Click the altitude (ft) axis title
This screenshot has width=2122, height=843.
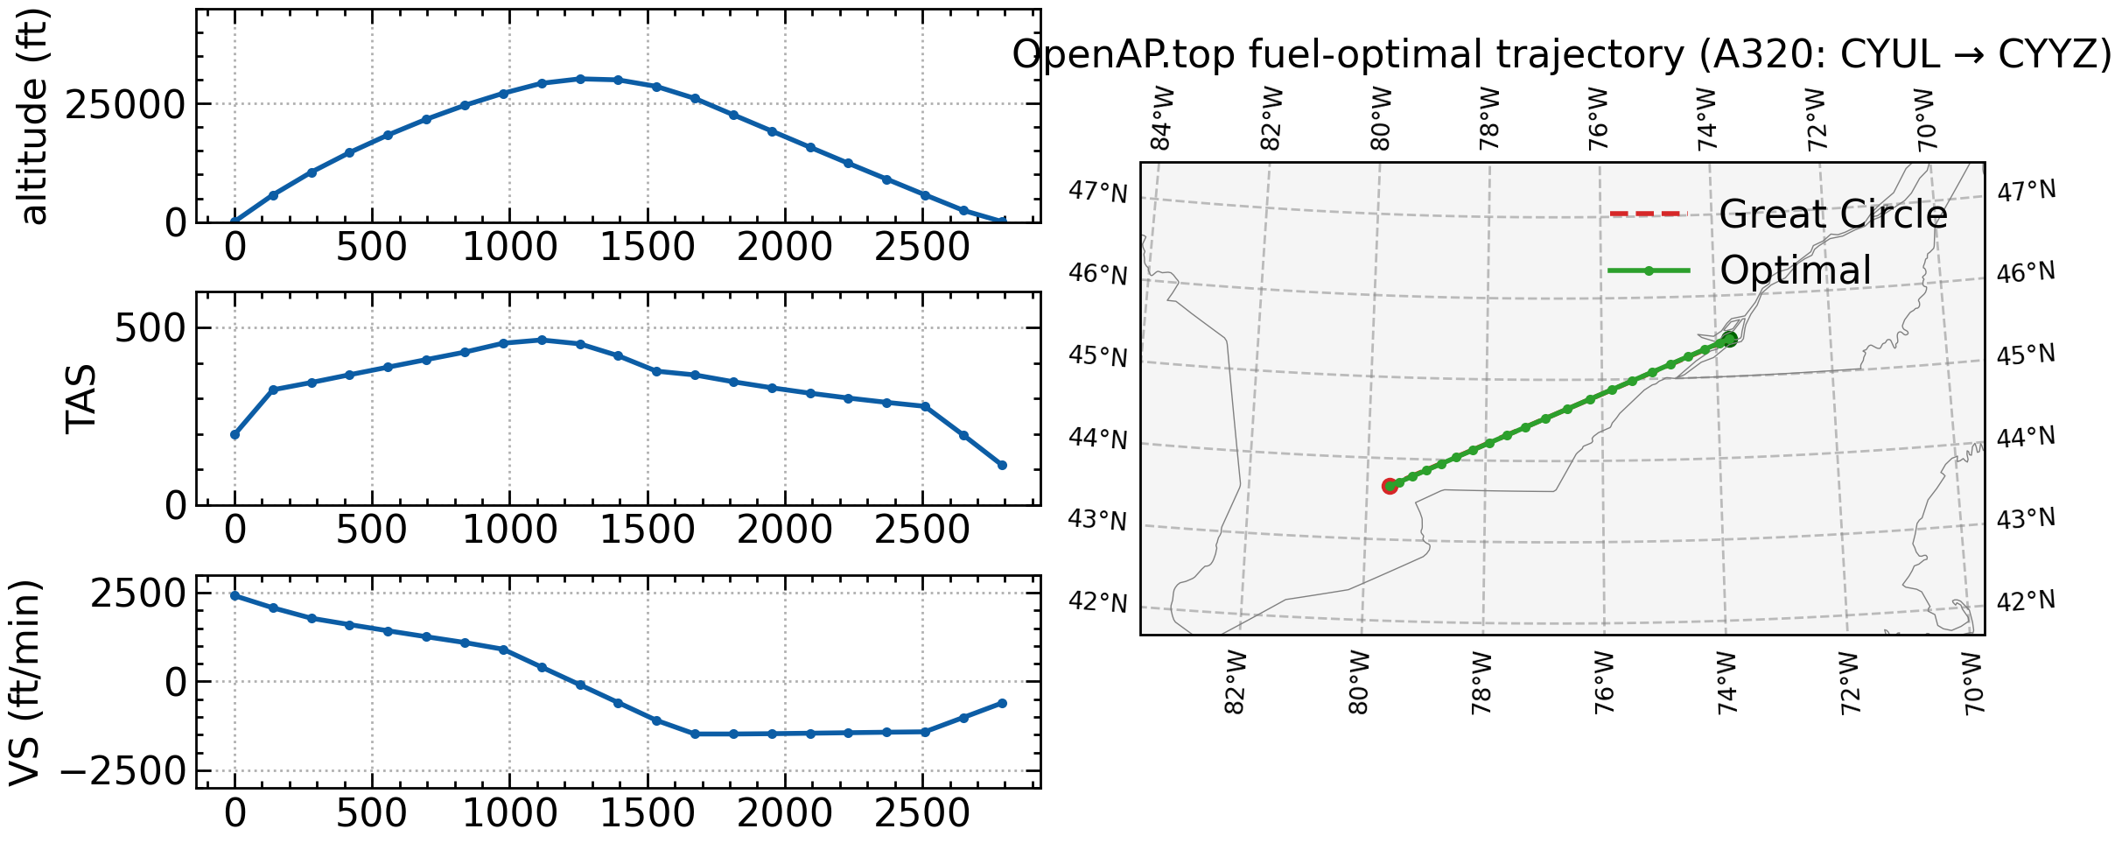33,117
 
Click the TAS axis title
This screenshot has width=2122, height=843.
81,399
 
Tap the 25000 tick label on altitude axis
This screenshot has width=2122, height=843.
126,105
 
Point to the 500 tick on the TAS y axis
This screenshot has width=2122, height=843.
151,328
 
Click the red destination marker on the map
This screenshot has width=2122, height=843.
1390,486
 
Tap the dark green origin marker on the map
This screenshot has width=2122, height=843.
1729,339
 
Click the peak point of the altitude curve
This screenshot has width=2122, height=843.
580,79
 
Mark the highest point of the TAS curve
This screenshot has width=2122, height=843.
542,340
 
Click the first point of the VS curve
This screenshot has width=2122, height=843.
235,595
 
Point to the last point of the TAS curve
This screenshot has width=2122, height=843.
1002,465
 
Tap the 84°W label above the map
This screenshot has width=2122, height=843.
1160,119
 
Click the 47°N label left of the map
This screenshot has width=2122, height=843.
1097,192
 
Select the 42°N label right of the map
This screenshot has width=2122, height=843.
2026,601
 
